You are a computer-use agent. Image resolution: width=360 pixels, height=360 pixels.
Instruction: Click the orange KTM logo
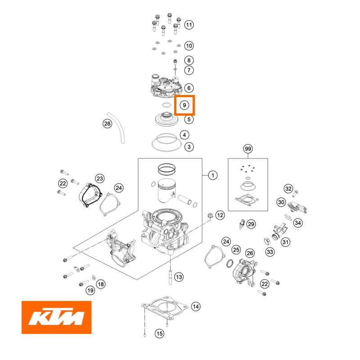[57, 317]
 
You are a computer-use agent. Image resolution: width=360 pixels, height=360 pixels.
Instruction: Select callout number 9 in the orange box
[184, 105]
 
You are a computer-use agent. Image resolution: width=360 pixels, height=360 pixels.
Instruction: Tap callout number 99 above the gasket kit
[248, 149]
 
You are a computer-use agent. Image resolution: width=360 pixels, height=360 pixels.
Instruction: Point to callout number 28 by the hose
[107, 124]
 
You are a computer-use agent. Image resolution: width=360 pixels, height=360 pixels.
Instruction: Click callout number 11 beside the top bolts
[189, 25]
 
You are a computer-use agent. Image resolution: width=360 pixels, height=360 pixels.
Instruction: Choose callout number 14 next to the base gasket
[196, 306]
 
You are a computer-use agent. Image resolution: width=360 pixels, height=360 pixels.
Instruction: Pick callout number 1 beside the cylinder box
[213, 175]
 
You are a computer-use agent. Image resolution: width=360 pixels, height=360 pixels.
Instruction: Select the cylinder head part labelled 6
[166, 86]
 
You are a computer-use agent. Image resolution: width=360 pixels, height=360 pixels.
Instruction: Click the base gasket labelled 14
[165, 308]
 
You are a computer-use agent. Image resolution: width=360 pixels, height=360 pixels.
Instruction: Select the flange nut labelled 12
[210, 216]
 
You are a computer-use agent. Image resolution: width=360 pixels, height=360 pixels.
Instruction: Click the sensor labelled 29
[242, 224]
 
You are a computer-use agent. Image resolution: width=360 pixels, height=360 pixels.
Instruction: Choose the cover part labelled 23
[90, 195]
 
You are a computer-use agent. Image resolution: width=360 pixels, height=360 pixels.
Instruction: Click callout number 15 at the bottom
[160, 333]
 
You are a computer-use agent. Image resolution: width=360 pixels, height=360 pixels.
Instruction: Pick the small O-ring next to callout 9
[166, 105]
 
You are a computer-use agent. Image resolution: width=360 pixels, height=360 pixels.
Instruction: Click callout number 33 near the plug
[270, 252]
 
